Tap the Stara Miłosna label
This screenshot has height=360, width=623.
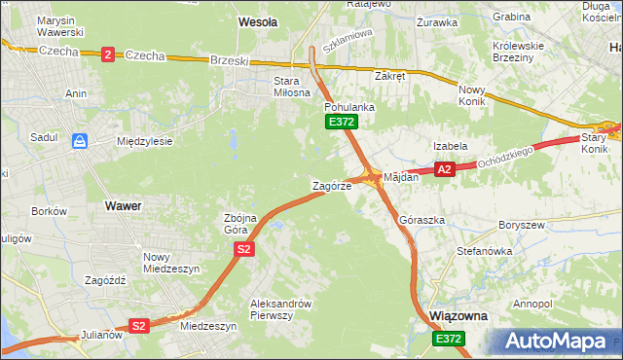tap(277, 87)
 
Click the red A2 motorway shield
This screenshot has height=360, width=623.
tap(445, 169)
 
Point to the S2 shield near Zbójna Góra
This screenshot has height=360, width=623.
tap(244, 250)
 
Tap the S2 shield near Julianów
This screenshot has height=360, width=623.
tap(139, 326)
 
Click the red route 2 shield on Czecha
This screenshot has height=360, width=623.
tap(106, 54)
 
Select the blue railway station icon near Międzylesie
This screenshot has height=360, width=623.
tap(81, 142)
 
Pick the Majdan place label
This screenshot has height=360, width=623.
tap(401, 177)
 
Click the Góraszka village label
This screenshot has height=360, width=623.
tap(422, 220)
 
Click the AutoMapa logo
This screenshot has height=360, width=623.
tap(560, 341)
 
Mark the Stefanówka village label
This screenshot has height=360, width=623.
tap(485, 251)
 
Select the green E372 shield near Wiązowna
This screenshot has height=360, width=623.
tap(449, 338)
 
